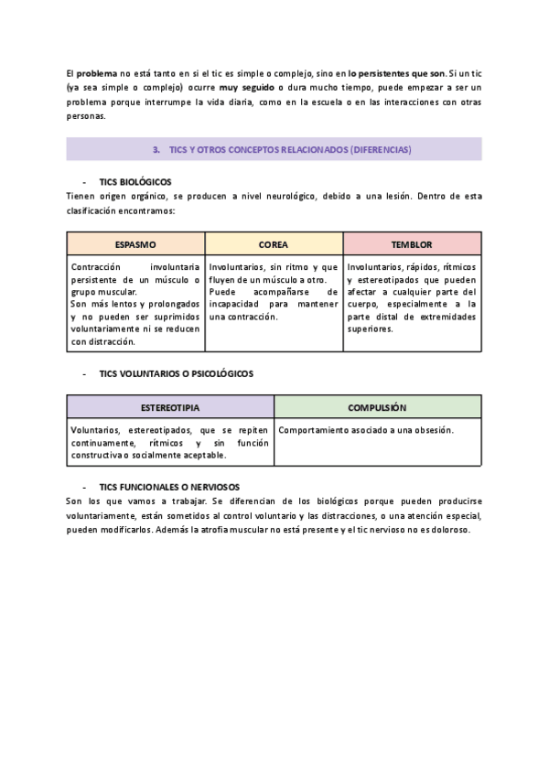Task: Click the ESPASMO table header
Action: point(135,244)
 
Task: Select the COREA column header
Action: point(274,244)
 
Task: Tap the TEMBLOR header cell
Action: point(412,244)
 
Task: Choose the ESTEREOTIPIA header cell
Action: point(170,407)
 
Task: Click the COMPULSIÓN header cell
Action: point(377,407)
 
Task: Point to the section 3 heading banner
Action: point(274,148)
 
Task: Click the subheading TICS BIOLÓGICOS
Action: point(135,182)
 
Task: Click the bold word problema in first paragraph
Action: point(96,72)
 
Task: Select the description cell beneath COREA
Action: point(274,292)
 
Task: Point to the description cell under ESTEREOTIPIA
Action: point(170,442)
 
